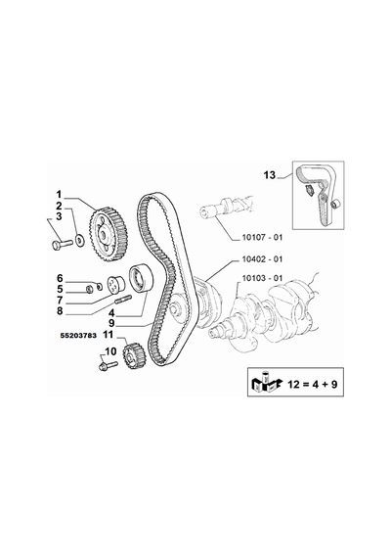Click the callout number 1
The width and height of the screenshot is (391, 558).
coord(59,194)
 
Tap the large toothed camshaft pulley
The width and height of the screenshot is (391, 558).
coord(108,235)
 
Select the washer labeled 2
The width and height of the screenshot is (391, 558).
coord(80,240)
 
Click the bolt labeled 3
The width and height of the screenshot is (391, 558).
coord(63,244)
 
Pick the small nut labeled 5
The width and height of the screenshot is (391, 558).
coord(90,290)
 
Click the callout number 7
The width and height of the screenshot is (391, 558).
coord(60,301)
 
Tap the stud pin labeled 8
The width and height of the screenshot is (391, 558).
coord(124,300)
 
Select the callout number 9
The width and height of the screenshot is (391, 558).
coord(111,323)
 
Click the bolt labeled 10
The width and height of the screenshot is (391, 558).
coord(109,365)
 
